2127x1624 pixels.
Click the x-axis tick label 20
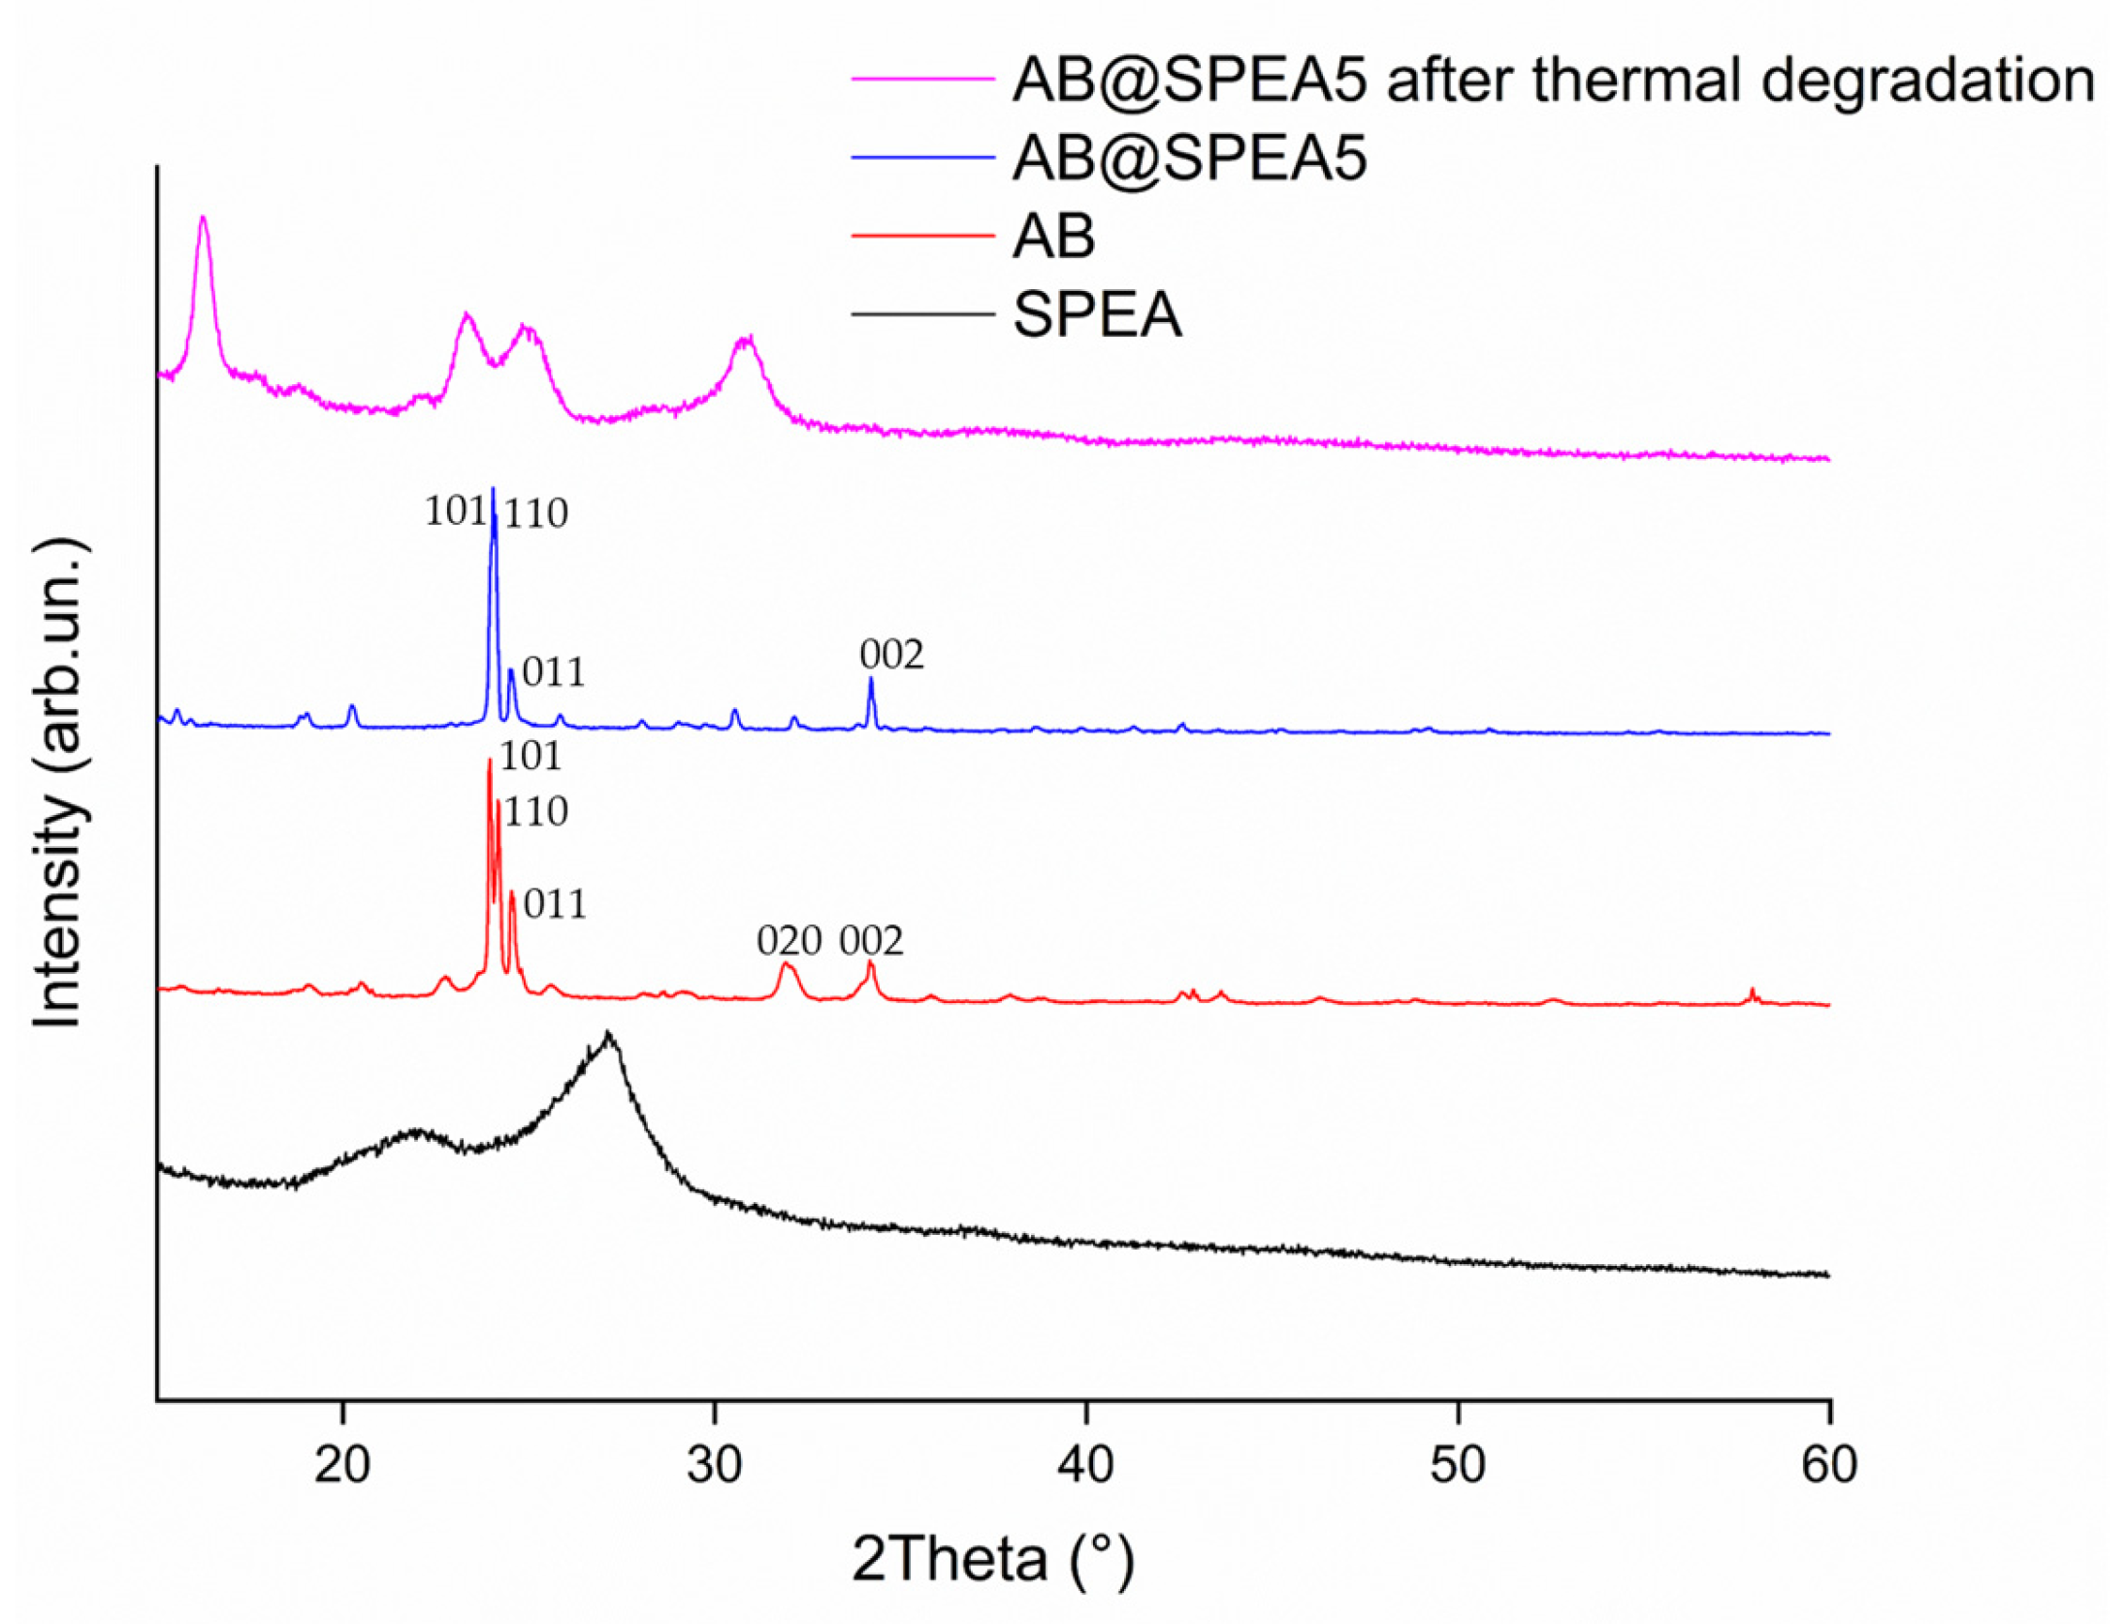[x=341, y=1464]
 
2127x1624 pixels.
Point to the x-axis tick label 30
[x=714, y=1464]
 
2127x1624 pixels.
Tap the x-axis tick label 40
[x=1085, y=1464]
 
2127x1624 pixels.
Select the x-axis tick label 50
[x=1457, y=1464]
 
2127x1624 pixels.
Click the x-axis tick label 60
[x=1828, y=1464]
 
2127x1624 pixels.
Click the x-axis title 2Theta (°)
[x=992, y=1559]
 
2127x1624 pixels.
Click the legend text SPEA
[x=1097, y=315]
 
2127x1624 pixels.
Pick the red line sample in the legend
[x=922, y=236]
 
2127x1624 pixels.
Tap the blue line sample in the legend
[x=922, y=157]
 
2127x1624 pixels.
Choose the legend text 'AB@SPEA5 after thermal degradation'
[x=1553, y=80]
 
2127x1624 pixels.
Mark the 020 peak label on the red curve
[x=789, y=940]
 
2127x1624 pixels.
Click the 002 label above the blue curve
[x=891, y=655]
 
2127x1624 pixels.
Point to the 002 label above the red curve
[x=871, y=940]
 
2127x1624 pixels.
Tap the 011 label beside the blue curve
[x=554, y=672]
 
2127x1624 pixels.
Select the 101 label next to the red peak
[x=531, y=756]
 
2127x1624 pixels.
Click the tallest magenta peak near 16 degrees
[x=203, y=217]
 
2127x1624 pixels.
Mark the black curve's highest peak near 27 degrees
[x=608, y=1034]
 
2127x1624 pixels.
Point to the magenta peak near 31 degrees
[x=746, y=338]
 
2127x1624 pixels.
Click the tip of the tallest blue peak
[x=494, y=489]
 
